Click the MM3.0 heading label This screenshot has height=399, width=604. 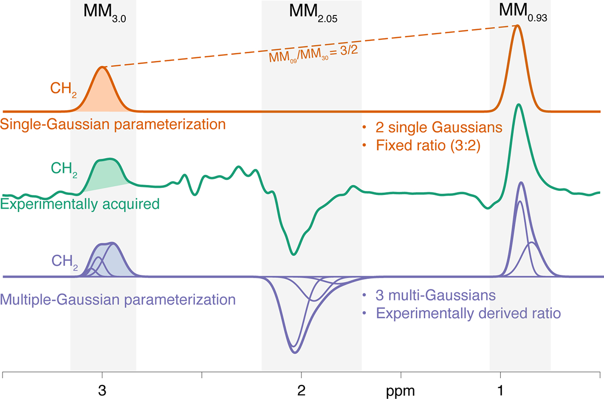(103, 12)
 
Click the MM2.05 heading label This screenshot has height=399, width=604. (312, 12)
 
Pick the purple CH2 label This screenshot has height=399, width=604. (63, 261)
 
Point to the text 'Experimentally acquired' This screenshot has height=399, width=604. (80, 204)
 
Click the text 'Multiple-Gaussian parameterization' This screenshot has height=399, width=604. (119, 301)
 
